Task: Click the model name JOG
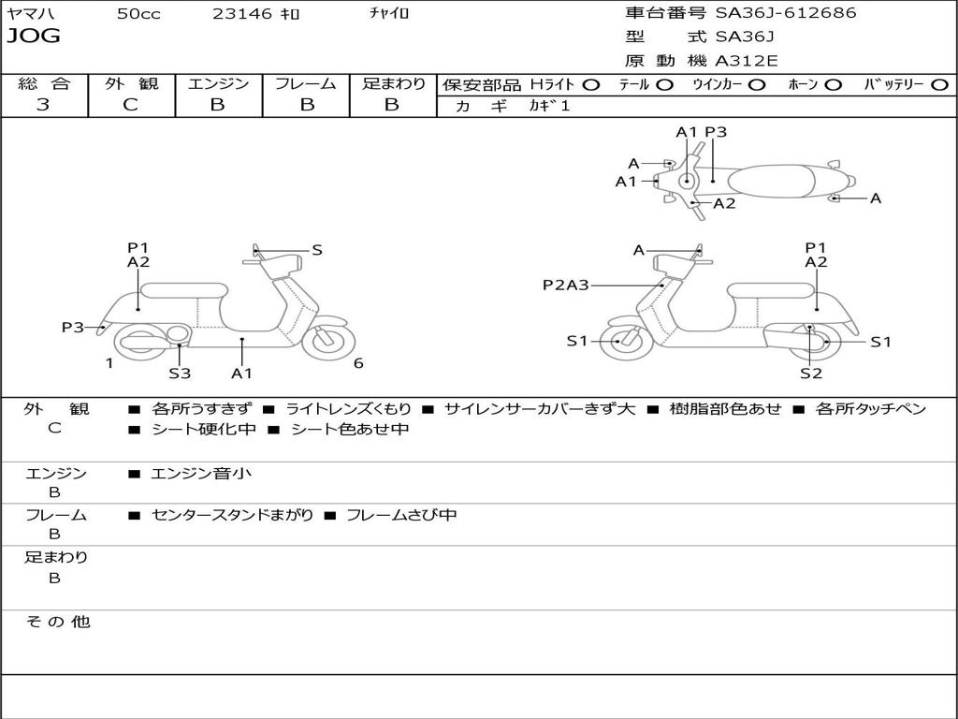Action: [x=34, y=37]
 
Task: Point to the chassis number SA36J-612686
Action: [x=786, y=13]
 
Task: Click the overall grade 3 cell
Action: [x=43, y=105]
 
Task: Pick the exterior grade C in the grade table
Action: [x=131, y=105]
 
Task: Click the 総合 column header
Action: [x=44, y=84]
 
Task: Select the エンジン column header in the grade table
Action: [x=218, y=84]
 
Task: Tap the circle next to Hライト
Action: [x=591, y=85]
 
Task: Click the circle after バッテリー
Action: [x=939, y=85]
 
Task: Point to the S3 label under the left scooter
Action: [x=180, y=374]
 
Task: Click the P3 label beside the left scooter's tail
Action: [x=73, y=328]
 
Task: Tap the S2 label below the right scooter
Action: [x=810, y=374]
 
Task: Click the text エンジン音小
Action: [x=201, y=474]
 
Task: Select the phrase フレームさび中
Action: [x=401, y=515]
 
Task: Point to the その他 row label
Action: [x=57, y=622]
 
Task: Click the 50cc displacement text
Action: [x=138, y=14]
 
